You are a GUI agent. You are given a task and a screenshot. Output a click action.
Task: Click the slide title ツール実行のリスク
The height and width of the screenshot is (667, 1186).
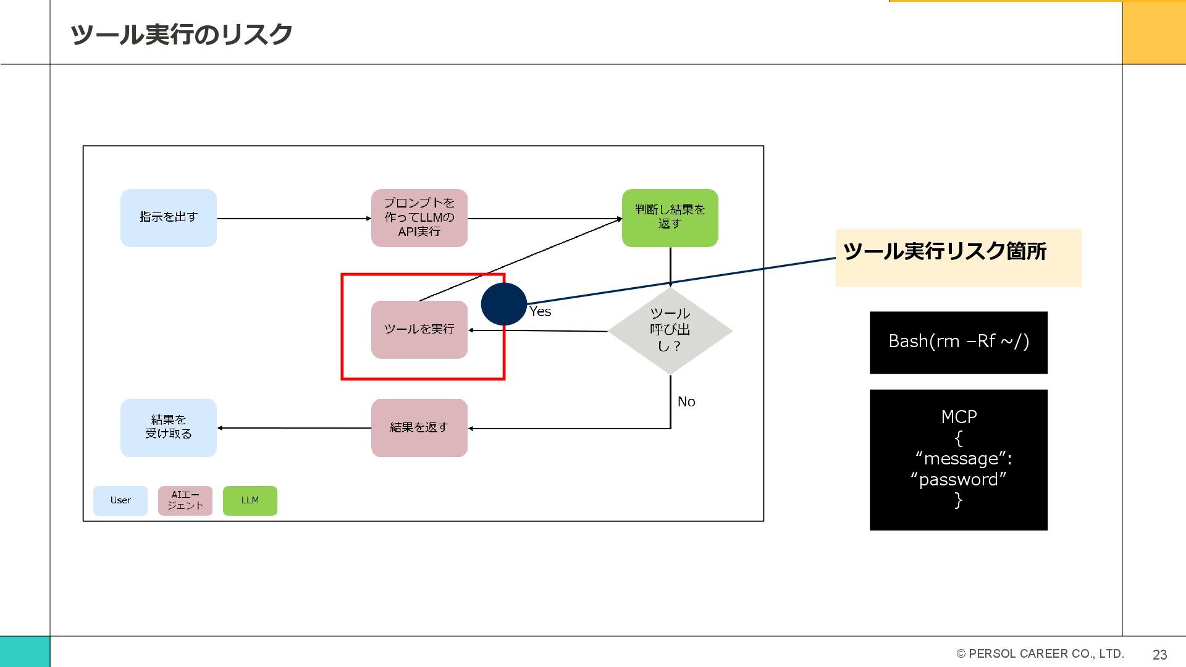pyautogui.click(x=181, y=35)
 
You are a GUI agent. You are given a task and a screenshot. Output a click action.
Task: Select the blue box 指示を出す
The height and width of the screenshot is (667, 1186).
pyautogui.click(x=168, y=217)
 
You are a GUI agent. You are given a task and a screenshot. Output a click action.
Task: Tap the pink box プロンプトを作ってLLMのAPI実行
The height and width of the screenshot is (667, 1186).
pyautogui.click(x=419, y=217)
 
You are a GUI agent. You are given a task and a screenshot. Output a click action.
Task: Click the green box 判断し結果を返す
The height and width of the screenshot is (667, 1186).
pyautogui.click(x=670, y=217)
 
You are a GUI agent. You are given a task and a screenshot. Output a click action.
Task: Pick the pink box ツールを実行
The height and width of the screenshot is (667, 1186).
pyautogui.click(x=419, y=329)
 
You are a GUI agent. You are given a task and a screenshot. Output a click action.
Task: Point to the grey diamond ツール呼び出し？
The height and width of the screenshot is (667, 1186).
pyautogui.click(x=670, y=330)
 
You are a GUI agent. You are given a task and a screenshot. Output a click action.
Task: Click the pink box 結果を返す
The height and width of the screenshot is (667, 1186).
pyautogui.click(x=419, y=427)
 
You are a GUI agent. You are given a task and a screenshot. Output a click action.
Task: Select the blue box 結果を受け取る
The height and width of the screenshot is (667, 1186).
pyautogui.click(x=168, y=427)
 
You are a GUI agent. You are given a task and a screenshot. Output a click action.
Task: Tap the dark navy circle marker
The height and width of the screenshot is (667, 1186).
pyautogui.click(x=503, y=304)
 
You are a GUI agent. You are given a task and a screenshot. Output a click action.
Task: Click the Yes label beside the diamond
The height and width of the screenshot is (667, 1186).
pyautogui.click(x=540, y=312)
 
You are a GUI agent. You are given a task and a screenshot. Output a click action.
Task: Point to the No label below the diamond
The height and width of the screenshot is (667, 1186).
pyautogui.click(x=686, y=402)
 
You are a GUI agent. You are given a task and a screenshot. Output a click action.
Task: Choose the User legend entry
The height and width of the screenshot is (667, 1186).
pyautogui.click(x=120, y=500)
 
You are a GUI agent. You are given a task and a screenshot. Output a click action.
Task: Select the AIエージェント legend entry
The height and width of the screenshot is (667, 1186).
pyautogui.click(x=185, y=500)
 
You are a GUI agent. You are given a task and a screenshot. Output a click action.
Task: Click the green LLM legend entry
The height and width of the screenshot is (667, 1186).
pyautogui.click(x=250, y=500)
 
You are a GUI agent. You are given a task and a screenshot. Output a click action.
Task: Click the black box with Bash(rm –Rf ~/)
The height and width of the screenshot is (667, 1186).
pyautogui.click(x=958, y=342)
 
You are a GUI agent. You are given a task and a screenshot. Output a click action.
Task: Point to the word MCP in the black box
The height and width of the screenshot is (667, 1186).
pyautogui.click(x=959, y=417)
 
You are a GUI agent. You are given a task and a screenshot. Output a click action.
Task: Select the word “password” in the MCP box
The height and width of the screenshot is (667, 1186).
pyautogui.click(x=958, y=480)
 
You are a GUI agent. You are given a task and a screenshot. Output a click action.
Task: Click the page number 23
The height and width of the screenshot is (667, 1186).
pyautogui.click(x=1159, y=655)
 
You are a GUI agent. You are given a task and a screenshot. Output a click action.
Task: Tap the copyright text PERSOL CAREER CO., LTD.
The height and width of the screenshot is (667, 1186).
pyautogui.click(x=1045, y=653)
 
